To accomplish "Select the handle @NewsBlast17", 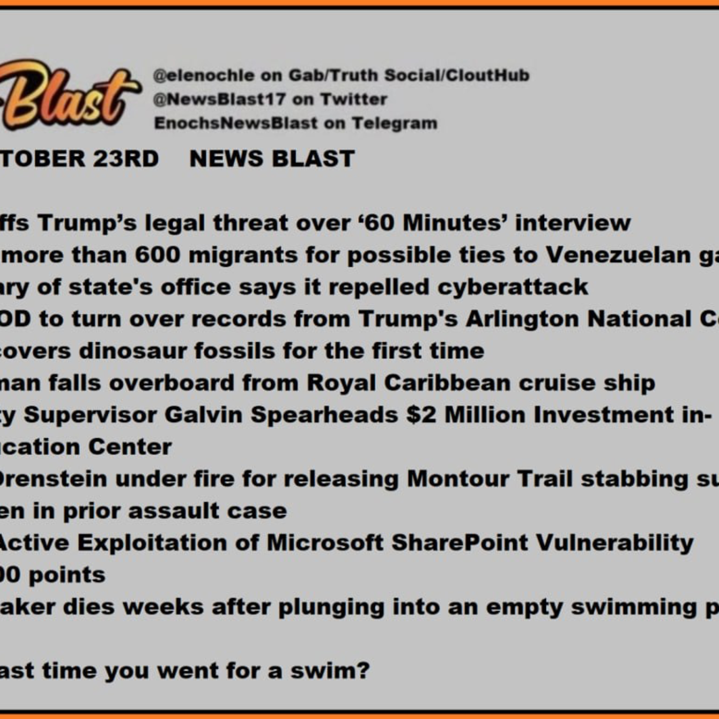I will [219, 99].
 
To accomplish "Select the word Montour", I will [458, 479].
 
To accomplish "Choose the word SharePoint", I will [460, 543].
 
